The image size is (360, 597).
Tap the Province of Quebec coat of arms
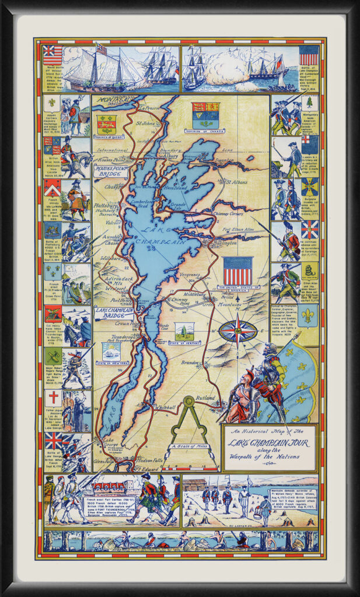tap(107, 124)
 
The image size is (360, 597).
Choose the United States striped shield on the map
tap(237, 271)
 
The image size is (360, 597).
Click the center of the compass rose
tap(238, 331)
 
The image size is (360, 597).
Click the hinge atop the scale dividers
tap(188, 401)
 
